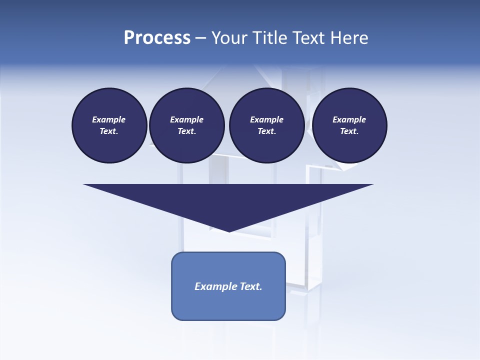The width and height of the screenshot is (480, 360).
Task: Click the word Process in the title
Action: coord(157,38)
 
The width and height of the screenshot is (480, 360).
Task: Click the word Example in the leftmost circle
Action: coord(109,119)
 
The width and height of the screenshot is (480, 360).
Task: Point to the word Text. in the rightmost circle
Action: coord(349,131)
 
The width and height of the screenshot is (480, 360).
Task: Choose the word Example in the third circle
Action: coord(266,119)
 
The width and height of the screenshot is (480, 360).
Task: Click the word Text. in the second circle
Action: coord(186,131)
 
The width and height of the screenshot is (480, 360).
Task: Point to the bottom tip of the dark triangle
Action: coord(229,230)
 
